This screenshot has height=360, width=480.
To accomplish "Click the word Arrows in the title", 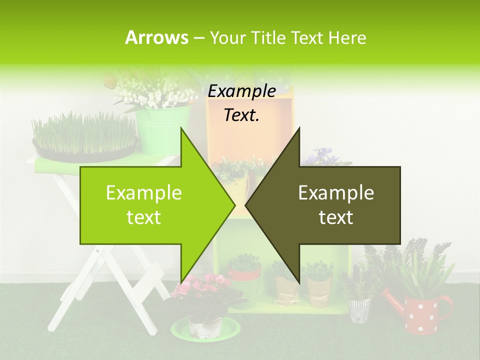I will tap(156, 37).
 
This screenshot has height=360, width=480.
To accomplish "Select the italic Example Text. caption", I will tap(241, 103).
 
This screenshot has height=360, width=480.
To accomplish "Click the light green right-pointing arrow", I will tap(150, 205).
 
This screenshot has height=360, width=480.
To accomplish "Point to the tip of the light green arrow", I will tap(234, 205).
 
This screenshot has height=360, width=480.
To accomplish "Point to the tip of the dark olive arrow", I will tap(246, 205).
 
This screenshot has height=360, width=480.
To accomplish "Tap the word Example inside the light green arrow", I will tap(144, 193).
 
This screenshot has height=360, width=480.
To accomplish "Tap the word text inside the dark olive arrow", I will tap(336, 217).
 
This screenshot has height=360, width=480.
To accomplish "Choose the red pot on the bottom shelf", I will tap(244, 274).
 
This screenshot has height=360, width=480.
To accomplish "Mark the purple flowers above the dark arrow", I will tap(320, 156).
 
